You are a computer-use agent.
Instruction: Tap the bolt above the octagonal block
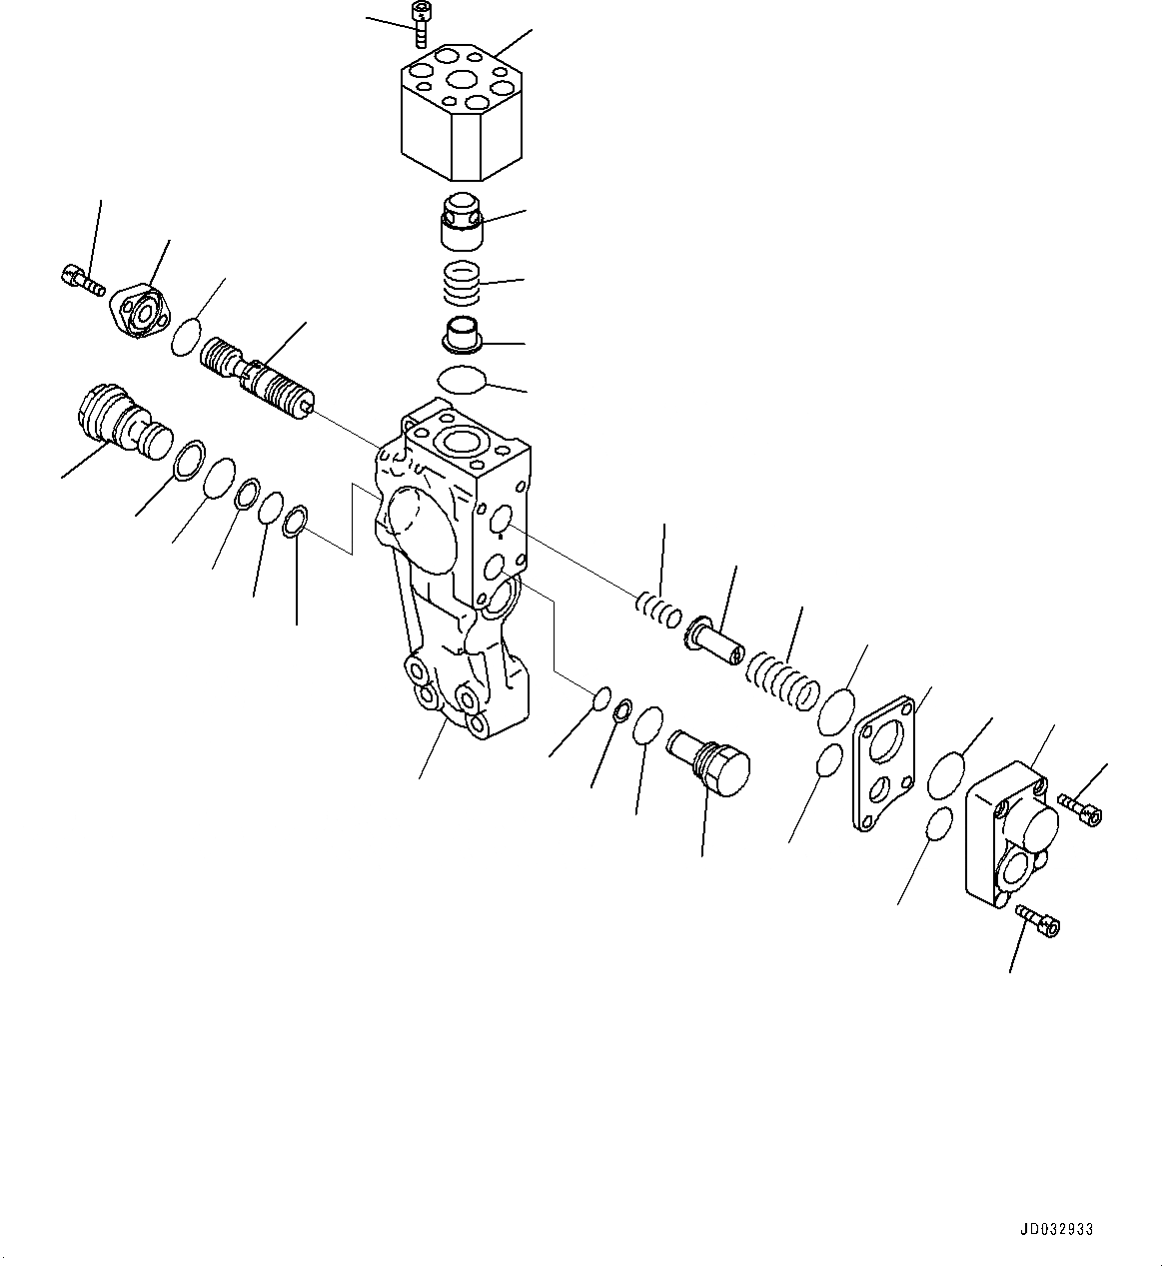click(x=421, y=23)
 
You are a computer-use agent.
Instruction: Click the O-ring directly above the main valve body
click(x=463, y=380)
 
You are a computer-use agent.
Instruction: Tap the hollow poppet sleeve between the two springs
click(x=713, y=639)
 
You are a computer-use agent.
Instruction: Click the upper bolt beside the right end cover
click(x=1080, y=806)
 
